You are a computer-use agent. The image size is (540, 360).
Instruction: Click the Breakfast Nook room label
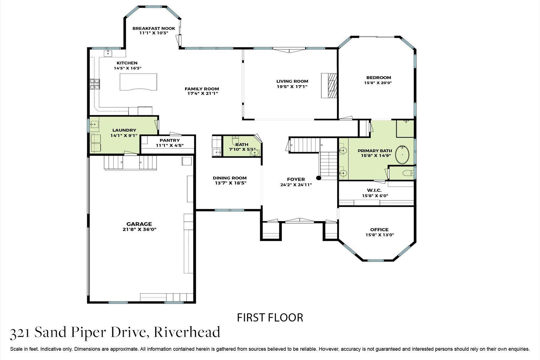pyautogui.click(x=154, y=28)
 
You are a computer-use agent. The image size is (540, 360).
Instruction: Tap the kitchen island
pyautogui.click(x=138, y=82)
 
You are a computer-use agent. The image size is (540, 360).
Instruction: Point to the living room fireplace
pyautogui.click(x=329, y=85)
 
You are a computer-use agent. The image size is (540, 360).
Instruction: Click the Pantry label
pyautogui.click(x=169, y=140)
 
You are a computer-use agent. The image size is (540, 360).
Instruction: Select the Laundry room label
pyautogui.click(x=124, y=130)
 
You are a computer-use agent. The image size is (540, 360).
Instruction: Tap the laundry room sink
pyautogui.click(x=95, y=124)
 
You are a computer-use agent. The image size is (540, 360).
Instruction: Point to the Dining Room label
pyautogui.click(x=229, y=178)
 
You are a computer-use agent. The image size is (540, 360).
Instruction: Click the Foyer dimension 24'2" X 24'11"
pyautogui.click(x=296, y=185)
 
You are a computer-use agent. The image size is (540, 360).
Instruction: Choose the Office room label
pyautogui.click(x=379, y=229)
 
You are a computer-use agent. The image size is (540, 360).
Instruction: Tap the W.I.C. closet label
pyautogui.click(x=374, y=190)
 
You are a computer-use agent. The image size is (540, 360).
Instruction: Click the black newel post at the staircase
pyautogui.click(x=319, y=178)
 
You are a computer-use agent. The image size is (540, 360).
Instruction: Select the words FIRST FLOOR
pyautogui.click(x=270, y=317)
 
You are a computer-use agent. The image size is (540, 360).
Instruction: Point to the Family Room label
pyautogui.click(x=202, y=89)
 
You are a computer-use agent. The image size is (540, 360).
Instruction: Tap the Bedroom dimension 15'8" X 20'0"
pyautogui.click(x=379, y=83)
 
